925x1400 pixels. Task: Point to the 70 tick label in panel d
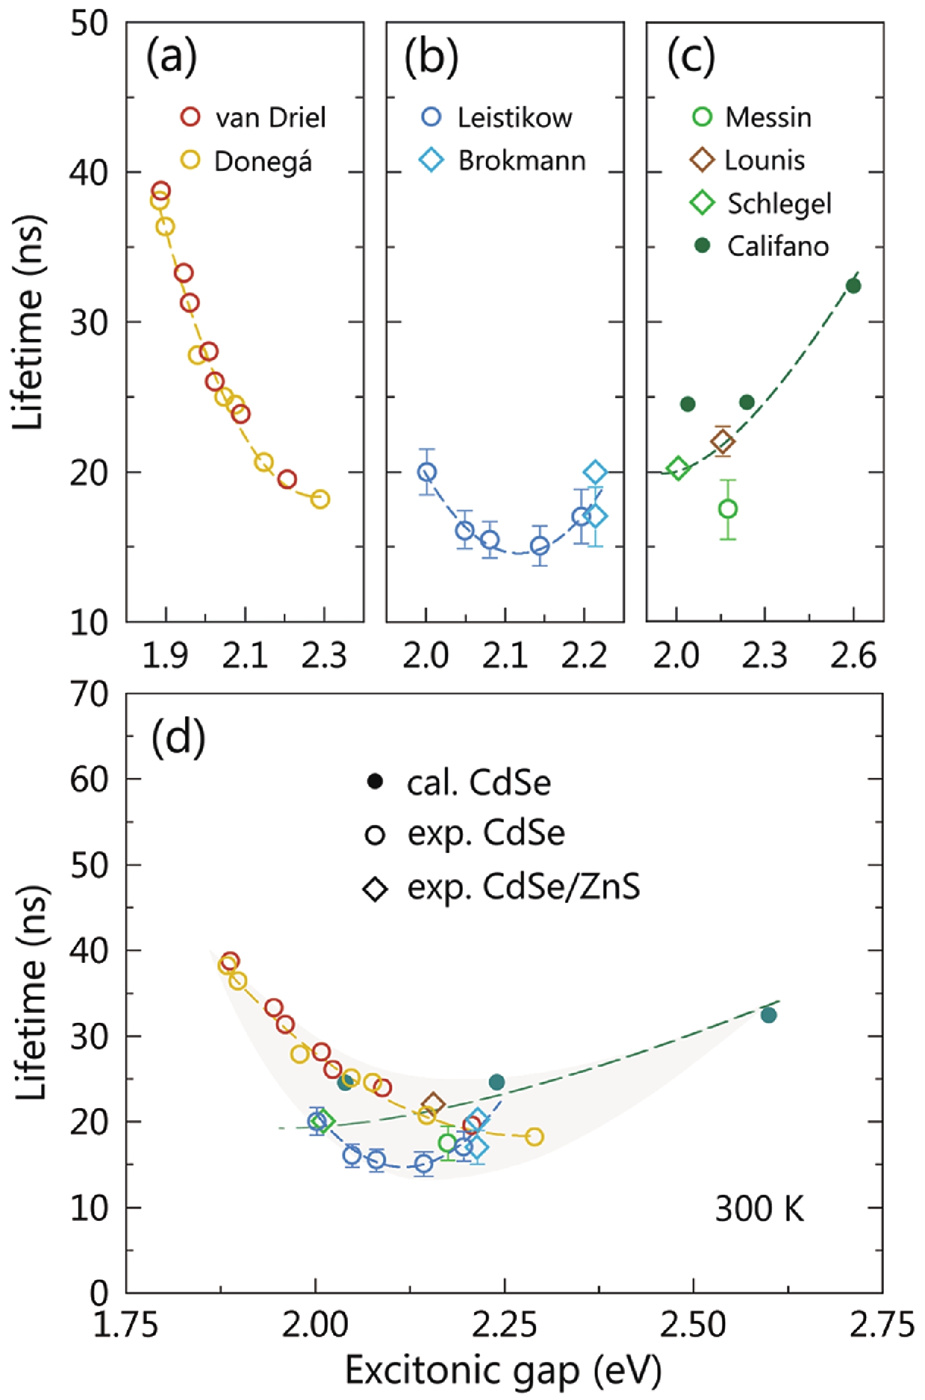90,694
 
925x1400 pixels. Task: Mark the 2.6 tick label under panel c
853,656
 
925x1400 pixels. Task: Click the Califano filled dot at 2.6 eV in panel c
853,286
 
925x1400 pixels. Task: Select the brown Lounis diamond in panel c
722,441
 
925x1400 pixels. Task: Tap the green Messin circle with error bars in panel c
728,509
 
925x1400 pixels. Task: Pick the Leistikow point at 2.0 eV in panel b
427,472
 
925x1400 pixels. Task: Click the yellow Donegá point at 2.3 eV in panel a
319,499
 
